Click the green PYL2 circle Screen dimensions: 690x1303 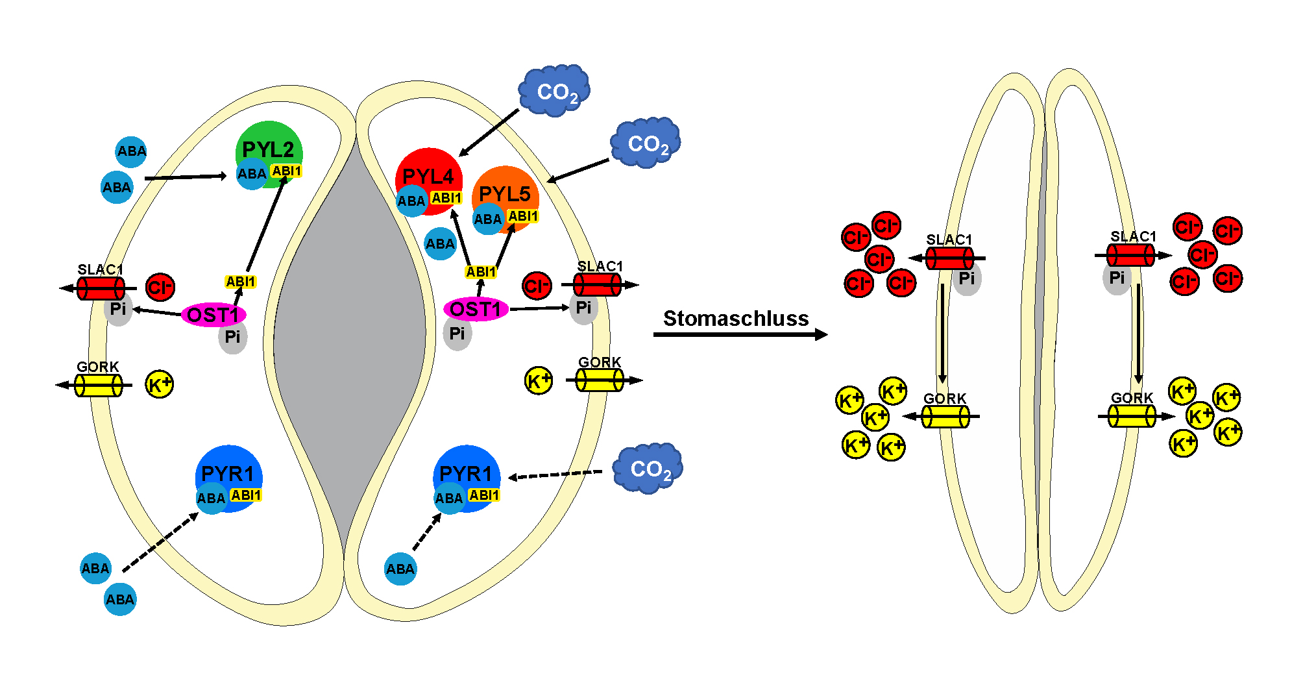click(269, 144)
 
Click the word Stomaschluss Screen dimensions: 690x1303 click(736, 318)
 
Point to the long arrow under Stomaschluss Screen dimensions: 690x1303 click(740, 334)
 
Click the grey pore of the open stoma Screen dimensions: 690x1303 click(350, 338)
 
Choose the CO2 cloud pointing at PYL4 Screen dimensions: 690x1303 click(554, 91)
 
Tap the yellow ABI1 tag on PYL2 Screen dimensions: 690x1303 click(286, 171)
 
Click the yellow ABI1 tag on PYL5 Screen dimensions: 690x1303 click(523, 216)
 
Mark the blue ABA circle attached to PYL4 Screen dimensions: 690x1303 click(411, 201)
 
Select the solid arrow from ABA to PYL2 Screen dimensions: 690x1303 click(185, 177)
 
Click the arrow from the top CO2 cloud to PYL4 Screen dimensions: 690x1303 click(489, 132)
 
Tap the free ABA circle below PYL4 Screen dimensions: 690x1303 click(440, 244)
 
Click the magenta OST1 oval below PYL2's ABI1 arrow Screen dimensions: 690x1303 click(213, 315)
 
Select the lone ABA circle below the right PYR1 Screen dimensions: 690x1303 click(400, 569)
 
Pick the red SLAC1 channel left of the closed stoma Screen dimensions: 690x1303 click(949, 258)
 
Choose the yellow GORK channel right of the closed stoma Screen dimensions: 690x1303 click(1132, 416)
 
